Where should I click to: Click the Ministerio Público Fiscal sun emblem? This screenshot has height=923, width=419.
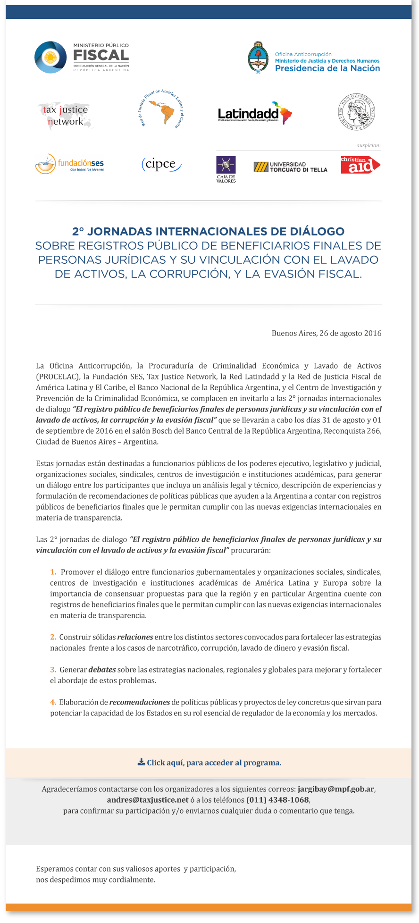(50, 58)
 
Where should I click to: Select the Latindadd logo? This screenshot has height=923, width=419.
(255, 113)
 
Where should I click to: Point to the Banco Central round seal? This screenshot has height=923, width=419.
(357, 112)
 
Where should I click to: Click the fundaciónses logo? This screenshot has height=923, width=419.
(69, 164)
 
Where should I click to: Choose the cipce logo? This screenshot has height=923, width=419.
(161, 164)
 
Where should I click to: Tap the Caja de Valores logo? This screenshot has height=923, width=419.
(226, 169)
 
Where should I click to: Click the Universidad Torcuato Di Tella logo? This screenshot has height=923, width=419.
(291, 167)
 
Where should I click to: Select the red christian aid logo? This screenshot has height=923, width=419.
(360, 165)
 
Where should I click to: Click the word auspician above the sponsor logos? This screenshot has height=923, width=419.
(369, 145)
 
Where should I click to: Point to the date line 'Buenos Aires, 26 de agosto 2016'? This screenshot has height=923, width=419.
(327, 333)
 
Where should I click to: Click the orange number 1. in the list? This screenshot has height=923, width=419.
(53, 572)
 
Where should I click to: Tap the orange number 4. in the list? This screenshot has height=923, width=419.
(53, 702)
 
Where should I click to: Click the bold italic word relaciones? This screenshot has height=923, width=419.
(135, 637)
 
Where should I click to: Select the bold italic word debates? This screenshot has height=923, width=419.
(102, 670)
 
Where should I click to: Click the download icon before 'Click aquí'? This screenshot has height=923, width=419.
(141, 762)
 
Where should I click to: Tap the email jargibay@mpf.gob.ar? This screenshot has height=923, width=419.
(336, 789)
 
